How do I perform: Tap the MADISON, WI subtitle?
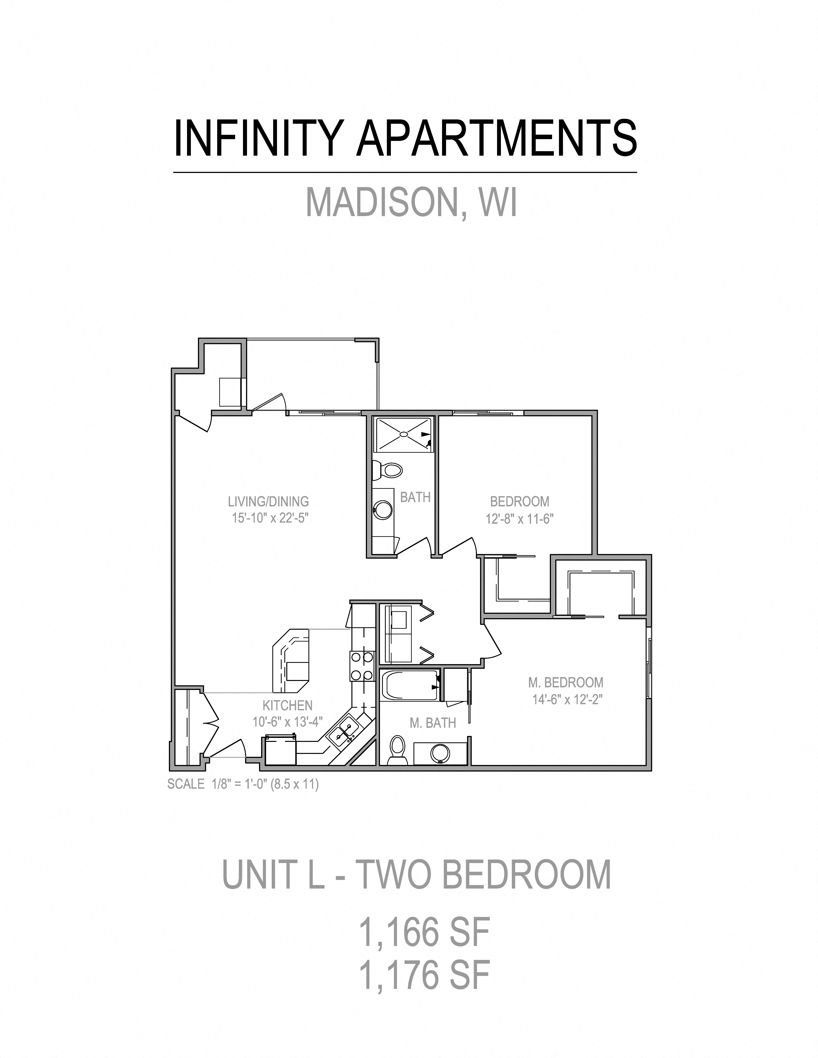411,202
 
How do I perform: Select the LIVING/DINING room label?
268,501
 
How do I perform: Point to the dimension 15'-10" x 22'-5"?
270,518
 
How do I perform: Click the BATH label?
415,497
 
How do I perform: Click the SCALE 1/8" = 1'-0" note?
243,784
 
